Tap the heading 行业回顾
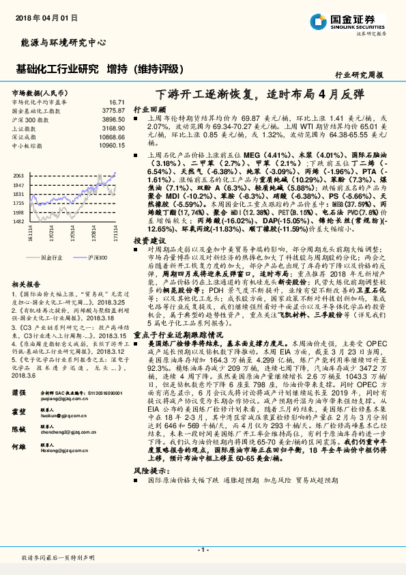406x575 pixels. click(149, 109)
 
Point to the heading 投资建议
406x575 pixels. click(149, 241)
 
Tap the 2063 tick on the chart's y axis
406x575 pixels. click(18, 176)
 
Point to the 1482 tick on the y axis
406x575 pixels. click(18, 221)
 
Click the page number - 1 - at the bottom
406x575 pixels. click(203, 549)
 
